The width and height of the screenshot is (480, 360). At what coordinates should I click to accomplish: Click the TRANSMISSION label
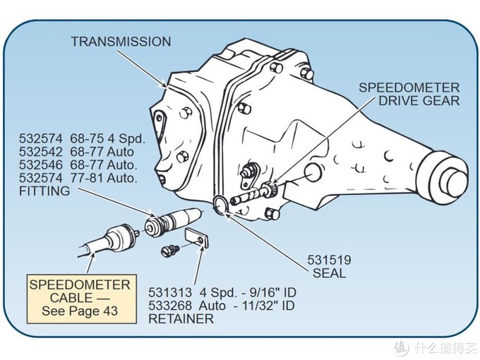(121, 42)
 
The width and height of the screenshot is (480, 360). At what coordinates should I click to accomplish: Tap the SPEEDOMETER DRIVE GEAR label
(409, 94)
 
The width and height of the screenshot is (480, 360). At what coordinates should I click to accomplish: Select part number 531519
(328, 260)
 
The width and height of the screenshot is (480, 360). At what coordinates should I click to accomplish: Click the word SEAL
(328, 273)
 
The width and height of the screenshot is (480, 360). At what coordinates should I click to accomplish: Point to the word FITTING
(44, 191)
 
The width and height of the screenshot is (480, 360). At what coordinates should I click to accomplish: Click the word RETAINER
(181, 319)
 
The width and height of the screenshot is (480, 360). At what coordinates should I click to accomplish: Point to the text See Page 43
(79, 311)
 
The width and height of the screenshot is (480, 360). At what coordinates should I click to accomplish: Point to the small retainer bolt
(169, 249)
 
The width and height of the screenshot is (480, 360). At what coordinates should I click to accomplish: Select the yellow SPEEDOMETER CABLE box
(79, 298)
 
